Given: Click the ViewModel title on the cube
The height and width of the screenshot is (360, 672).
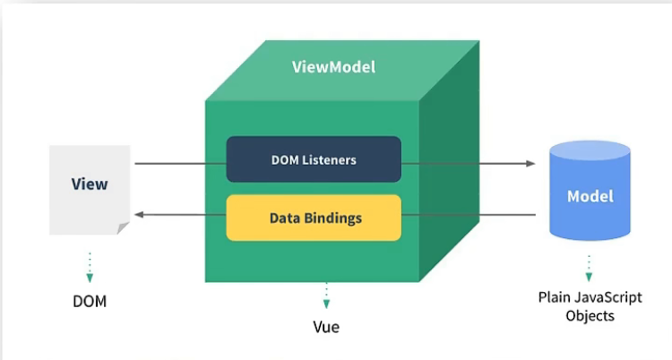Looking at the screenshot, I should [x=333, y=67].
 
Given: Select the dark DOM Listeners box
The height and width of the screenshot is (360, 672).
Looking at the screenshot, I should [x=313, y=160].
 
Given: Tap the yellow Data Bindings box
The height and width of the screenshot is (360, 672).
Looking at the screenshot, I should [x=313, y=218].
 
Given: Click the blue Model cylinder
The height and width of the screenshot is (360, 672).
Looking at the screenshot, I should [x=589, y=195].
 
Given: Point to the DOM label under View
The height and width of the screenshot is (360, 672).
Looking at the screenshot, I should [x=89, y=301].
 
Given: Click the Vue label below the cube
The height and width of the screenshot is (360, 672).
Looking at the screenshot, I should [x=326, y=327].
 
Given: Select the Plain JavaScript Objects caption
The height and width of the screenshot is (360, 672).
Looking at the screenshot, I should [x=589, y=306].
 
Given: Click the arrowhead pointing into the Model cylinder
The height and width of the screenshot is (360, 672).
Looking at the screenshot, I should [x=530, y=164].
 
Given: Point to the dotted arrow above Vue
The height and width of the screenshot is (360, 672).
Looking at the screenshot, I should [x=326, y=295].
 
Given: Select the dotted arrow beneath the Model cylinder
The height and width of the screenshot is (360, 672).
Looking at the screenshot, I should [x=589, y=268].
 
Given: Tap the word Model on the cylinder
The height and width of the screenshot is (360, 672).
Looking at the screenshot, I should [x=589, y=195].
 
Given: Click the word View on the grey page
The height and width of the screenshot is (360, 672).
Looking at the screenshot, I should [x=89, y=184].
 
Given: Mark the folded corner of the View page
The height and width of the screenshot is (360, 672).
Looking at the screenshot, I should [x=123, y=229].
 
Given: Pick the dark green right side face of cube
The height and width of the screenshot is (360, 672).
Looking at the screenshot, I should [x=452, y=179].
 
